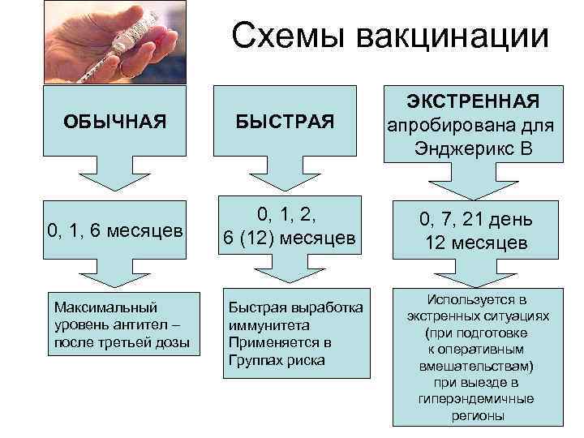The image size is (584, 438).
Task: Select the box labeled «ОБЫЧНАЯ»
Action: pos(114,122)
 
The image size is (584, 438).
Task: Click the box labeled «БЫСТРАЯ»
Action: pos(286,122)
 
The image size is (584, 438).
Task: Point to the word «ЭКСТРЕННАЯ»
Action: pos(474,101)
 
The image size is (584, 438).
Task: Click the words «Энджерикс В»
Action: pos(473,149)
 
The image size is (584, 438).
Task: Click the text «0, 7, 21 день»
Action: pos(474,220)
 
